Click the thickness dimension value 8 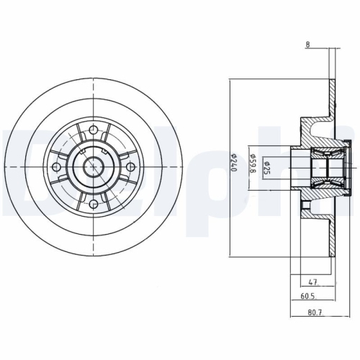click(x=307, y=45)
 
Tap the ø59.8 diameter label click(x=253, y=165)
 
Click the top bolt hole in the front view click(x=95, y=130)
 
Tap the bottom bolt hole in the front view click(x=95, y=204)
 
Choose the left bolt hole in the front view click(x=58, y=167)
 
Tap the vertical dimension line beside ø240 click(x=229, y=216)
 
